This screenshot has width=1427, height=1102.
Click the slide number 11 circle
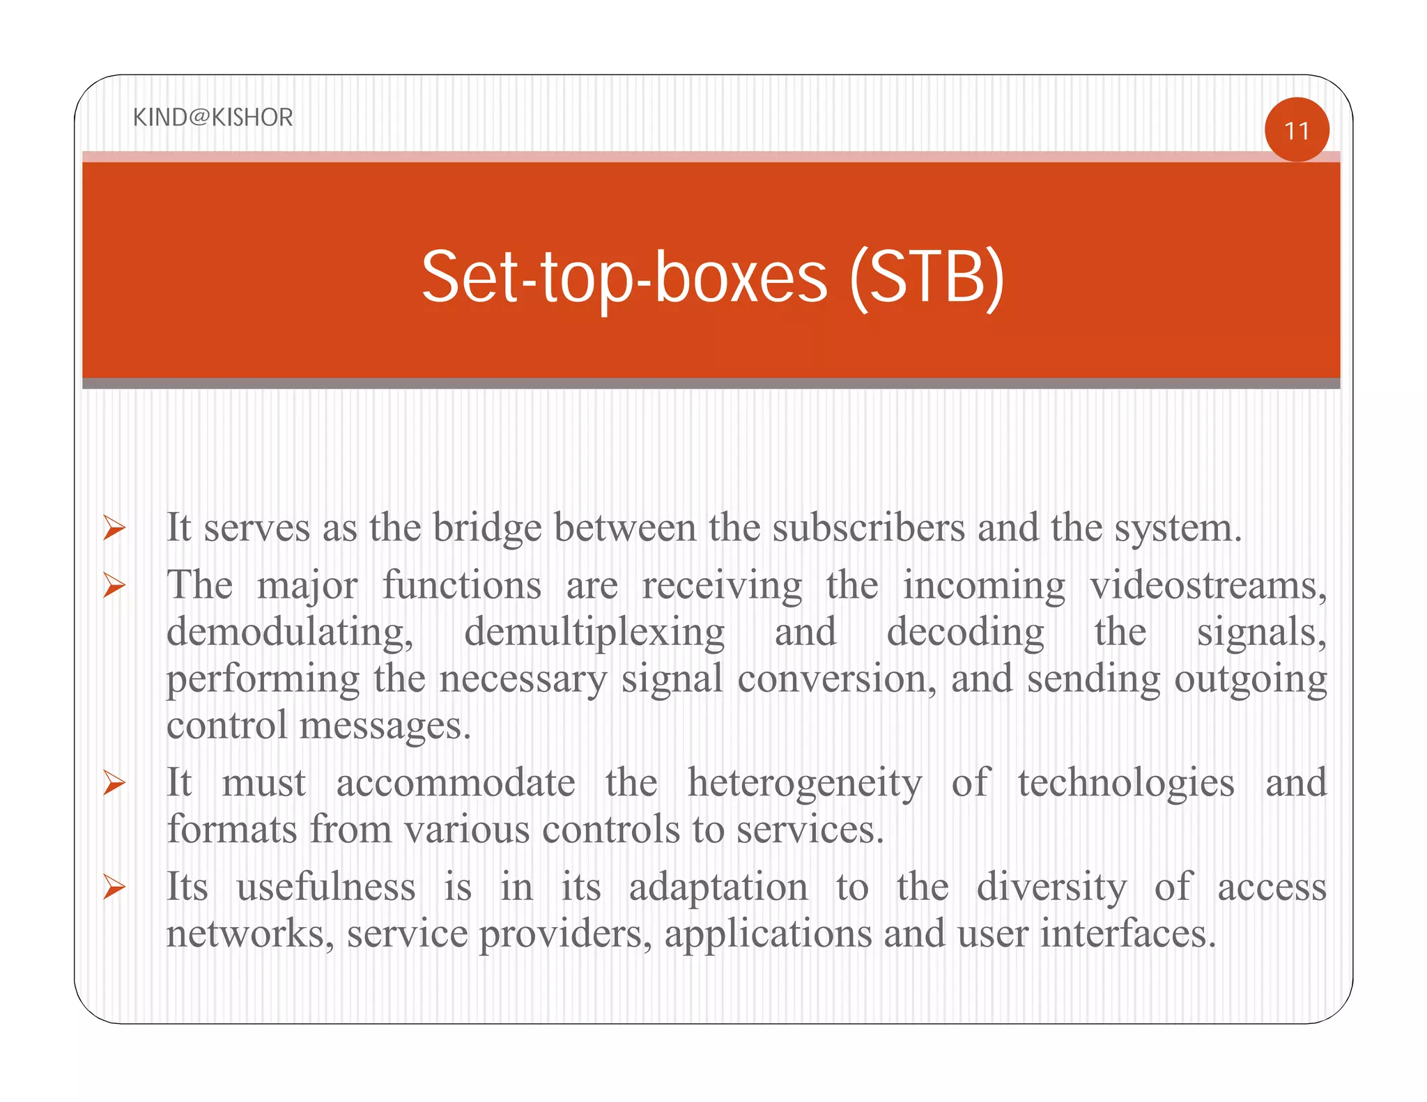click(x=1296, y=130)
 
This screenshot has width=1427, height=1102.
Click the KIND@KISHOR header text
click(x=213, y=117)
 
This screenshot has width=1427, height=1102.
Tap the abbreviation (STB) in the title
click(x=927, y=278)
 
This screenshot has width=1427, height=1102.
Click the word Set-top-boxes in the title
click(x=625, y=278)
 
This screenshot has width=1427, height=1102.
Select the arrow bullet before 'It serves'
click(x=114, y=527)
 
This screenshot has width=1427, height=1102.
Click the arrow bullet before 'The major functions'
click(x=114, y=585)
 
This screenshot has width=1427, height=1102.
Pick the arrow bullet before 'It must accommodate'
click(x=114, y=783)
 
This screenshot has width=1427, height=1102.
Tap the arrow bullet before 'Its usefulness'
click(x=114, y=887)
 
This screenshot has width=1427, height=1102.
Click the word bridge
click(x=487, y=528)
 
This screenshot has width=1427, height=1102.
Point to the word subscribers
click(x=868, y=528)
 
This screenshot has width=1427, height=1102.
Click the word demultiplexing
click(x=594, y=633)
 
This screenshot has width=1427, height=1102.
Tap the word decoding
click(x=965, y=633)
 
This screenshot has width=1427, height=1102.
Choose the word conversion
click(x=836, y=678)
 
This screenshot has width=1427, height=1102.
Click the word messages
click(x=385, y=726)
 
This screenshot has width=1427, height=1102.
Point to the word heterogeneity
click(x=805, y=783)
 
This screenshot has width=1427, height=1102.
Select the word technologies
click(x=1126, y=783)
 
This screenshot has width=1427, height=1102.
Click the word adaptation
click(x=718, y=887)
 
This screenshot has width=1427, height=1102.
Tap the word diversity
click(x=1051, y=887)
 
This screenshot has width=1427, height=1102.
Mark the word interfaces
click(x=1127, y=933)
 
